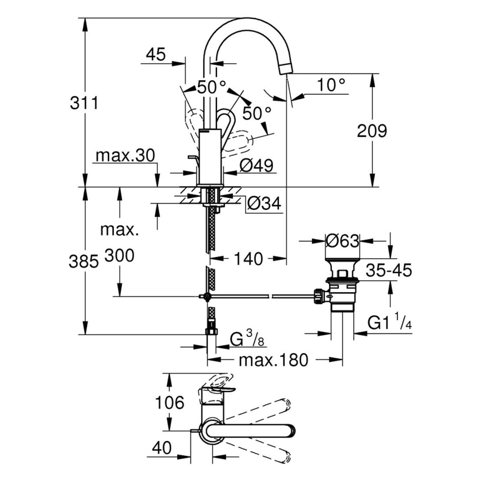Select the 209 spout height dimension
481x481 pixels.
point(371,130)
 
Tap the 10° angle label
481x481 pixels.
point(331,85)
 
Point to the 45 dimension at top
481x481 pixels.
point(156,55)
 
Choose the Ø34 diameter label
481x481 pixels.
point(264,203)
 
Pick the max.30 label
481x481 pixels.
point(125,156)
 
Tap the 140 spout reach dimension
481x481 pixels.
point(249,259)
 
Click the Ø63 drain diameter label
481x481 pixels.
point(342,240)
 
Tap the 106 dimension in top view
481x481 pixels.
point(170,403)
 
